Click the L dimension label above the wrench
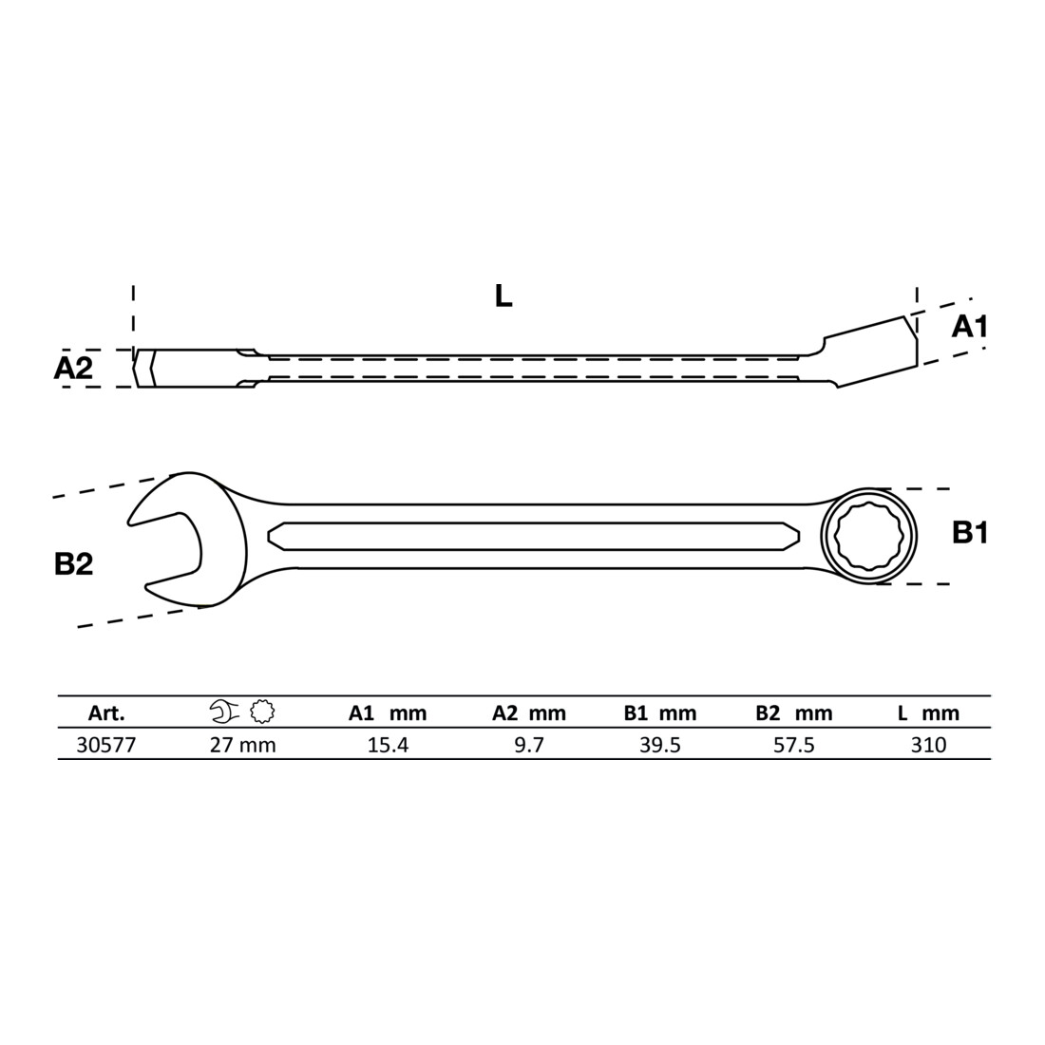coord(503,295)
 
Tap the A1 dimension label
coord(970,327)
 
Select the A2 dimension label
coord(73,368)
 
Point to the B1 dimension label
coord(970,533)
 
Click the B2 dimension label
coord(73,563)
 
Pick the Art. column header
coord(106,713)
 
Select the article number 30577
coord(106,745)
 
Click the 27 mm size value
coord(242,745)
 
